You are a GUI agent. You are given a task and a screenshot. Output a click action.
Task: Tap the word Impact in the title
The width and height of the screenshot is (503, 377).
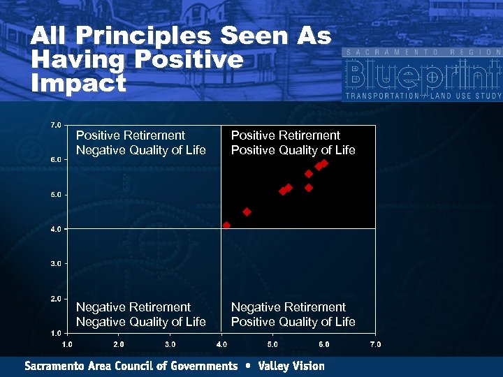78,84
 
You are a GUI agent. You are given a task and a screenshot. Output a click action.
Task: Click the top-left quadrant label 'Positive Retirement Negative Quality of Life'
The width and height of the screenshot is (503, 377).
140,142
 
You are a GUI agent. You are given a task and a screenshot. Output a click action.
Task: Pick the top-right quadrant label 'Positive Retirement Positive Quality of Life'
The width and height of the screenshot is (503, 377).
293,142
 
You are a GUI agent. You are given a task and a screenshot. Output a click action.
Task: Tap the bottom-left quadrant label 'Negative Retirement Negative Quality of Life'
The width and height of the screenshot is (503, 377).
140,314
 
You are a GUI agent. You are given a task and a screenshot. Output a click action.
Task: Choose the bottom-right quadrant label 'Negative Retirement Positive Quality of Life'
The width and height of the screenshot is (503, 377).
293,314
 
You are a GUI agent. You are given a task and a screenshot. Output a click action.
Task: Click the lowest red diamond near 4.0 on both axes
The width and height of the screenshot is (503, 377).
226,226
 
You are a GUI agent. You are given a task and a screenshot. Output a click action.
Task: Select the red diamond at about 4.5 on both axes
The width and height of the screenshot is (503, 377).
247,212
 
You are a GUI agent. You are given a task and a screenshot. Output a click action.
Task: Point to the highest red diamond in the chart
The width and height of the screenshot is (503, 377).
324,163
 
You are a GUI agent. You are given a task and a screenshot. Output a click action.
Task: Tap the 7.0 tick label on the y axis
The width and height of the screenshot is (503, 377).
55,125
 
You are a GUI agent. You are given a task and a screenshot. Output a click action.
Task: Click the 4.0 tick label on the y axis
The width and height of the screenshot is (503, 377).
55,229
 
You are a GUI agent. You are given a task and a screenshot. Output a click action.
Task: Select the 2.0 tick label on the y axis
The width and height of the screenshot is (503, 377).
55,298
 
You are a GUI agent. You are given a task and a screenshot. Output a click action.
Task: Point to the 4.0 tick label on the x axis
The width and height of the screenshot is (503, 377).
221,344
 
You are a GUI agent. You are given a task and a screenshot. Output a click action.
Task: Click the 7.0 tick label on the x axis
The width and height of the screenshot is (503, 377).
375,344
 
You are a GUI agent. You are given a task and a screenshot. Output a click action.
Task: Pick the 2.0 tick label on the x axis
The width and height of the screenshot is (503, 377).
119,344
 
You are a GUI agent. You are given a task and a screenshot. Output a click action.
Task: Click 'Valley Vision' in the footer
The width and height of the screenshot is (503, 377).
291,366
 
